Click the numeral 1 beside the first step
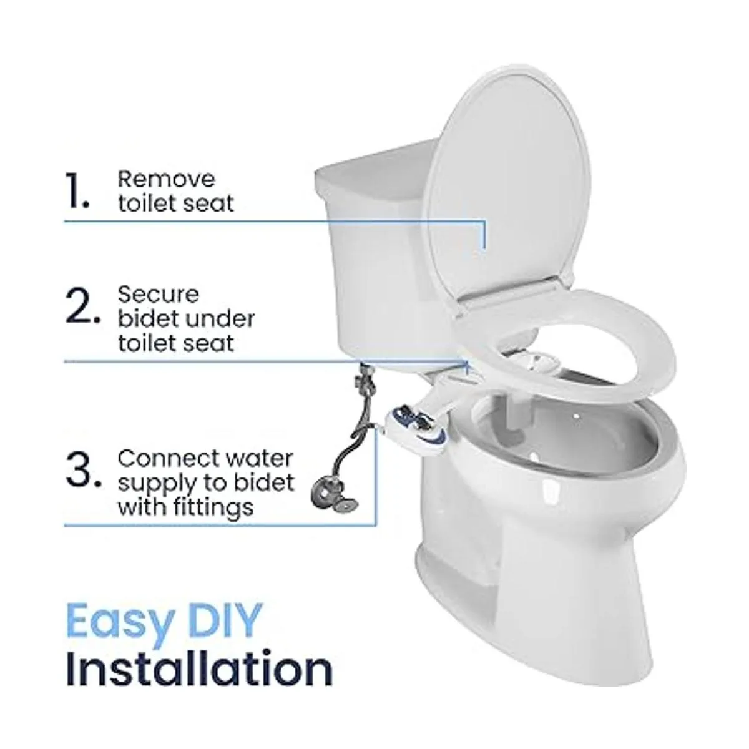coord(78,191)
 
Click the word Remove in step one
coord(167,179)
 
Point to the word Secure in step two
coord(159,294)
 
